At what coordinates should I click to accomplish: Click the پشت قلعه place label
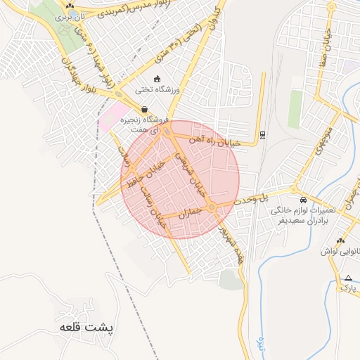click(86, 328)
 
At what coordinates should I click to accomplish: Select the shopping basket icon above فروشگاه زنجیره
click(144, 109)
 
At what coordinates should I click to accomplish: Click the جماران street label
click(190, 212)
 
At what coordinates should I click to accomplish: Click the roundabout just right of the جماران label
click(212, 207)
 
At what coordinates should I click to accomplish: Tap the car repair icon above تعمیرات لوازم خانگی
click(303, 199)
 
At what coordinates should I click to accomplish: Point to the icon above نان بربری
click(70, 5)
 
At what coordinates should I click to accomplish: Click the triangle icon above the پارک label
click(347, 278)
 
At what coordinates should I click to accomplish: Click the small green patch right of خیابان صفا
click(295, 108)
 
